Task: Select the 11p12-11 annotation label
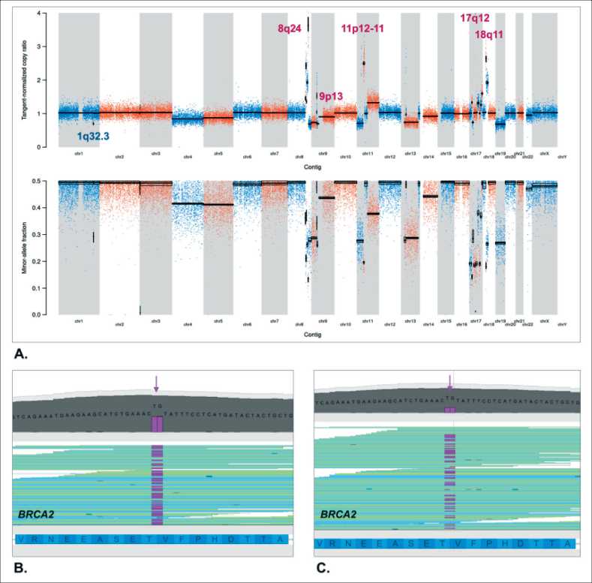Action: coord(363,29)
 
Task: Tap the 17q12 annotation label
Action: coord(475,17)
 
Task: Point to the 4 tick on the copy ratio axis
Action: coord(48,14)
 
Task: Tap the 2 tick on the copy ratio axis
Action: coord(48,80)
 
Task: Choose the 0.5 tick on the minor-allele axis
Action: coord(46,181)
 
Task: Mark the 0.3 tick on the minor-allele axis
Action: coord(46,234)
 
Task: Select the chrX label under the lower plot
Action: coord(544,321)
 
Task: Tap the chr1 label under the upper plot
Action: coord(80,153)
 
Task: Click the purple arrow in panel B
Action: coord(156,383)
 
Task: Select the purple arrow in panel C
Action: coord(449,381)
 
